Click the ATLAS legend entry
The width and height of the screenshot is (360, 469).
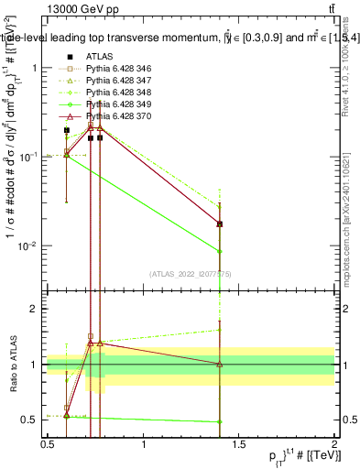(96, 57)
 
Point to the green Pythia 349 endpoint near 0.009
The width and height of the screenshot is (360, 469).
(220, 251)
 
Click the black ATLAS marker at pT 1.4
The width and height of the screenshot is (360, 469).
(220, 224)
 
